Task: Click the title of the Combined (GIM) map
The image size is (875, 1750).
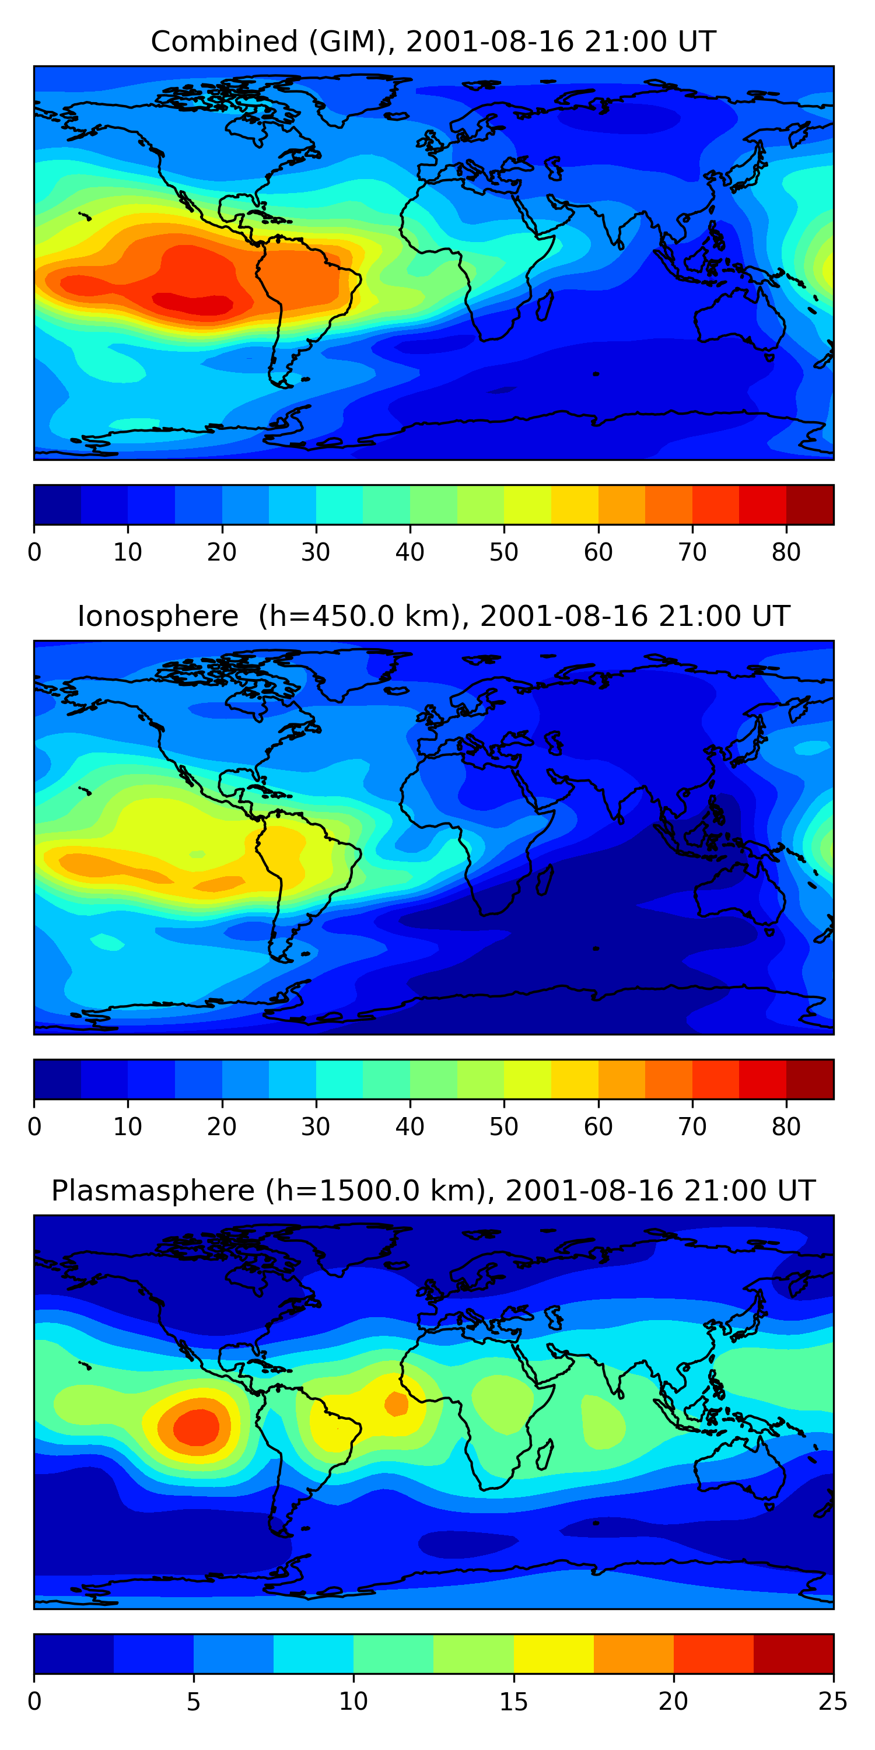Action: point(433,41)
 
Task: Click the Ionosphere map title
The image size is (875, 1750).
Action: point(433,616)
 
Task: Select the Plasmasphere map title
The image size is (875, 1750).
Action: point(433,1191)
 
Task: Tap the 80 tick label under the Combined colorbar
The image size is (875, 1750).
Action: point(786,552)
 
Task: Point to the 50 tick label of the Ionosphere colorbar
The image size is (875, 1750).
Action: point(503,1127)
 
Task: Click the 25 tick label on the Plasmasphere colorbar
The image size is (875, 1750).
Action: point(833,1702)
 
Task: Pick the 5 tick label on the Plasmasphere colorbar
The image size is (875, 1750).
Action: point(194,1702)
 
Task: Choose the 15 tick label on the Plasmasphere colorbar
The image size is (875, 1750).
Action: point(513,1702)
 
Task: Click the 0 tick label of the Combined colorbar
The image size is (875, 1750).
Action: point(34,552)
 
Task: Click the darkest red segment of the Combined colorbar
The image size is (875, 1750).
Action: point(810,505)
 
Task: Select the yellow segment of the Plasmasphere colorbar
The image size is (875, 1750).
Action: point(554,1654)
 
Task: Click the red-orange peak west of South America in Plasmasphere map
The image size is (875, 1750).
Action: point(197,1427)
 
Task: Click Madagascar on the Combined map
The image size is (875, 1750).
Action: point(545,306)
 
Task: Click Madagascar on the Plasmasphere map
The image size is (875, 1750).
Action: point(545,1454)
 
